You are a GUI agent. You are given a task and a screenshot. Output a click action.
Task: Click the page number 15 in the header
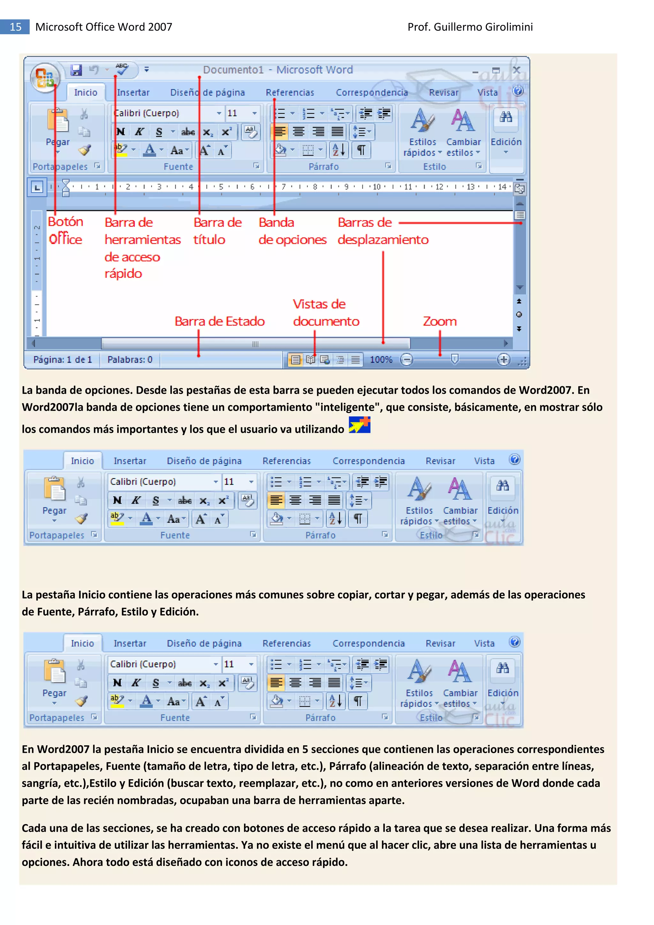coord(15,27)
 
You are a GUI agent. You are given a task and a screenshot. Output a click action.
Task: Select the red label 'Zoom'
coord(440,322)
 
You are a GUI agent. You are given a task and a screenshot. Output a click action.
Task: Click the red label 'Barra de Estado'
coord(219,322)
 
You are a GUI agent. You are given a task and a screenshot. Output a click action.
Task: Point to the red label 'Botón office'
coord(65,230)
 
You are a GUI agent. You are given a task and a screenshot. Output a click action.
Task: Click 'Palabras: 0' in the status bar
coord(130,359)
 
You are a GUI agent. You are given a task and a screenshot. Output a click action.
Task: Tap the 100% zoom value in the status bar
coord(381,359)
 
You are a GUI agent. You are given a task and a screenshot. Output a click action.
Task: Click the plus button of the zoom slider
coord(503,359)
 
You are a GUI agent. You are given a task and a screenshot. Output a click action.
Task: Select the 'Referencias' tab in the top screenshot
coord(290,93)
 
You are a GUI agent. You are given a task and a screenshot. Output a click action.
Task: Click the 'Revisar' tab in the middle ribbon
coord(440,461)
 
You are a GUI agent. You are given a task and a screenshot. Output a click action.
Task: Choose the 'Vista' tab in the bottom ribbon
coord(484,643)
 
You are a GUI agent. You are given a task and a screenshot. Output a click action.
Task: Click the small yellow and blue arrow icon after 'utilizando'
coord(359,425)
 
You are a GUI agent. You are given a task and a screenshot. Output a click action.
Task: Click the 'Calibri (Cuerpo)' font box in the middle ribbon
coord(161,481)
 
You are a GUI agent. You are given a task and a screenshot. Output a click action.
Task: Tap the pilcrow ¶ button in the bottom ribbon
coord(357,701)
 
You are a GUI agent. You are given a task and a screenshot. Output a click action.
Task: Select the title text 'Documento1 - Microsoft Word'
coord(278,70)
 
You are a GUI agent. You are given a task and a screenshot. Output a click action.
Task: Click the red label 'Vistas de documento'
coord(325,313)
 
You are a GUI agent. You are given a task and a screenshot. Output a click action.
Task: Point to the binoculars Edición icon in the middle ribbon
coord(503,485)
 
